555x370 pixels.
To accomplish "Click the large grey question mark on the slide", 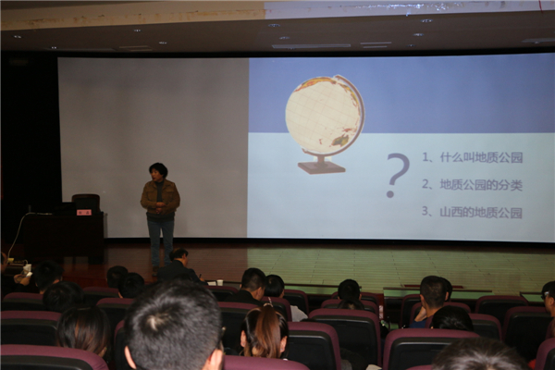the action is point(397,175).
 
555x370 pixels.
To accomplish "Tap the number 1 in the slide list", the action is point(425,156).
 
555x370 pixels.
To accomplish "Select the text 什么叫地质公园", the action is point(481,157).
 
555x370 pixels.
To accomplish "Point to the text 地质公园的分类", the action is point(481,184).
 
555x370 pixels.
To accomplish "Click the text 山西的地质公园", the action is point(481,213).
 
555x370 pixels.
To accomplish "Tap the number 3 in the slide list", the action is point(425,212).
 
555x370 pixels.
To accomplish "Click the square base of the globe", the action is point(321,167).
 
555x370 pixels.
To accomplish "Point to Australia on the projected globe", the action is point(340,139).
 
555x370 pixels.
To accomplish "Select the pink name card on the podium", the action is point(84,213).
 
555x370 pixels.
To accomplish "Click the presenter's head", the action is point(158,172).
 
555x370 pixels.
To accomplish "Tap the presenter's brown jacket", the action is point(160,197).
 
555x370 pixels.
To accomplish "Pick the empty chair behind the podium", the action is point(86,202).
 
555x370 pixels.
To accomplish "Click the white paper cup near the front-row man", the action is point(220,282).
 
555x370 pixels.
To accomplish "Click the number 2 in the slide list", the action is point(425,184).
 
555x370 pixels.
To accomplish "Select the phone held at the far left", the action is point(29,274).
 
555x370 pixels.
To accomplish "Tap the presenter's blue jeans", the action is point(161,240).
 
